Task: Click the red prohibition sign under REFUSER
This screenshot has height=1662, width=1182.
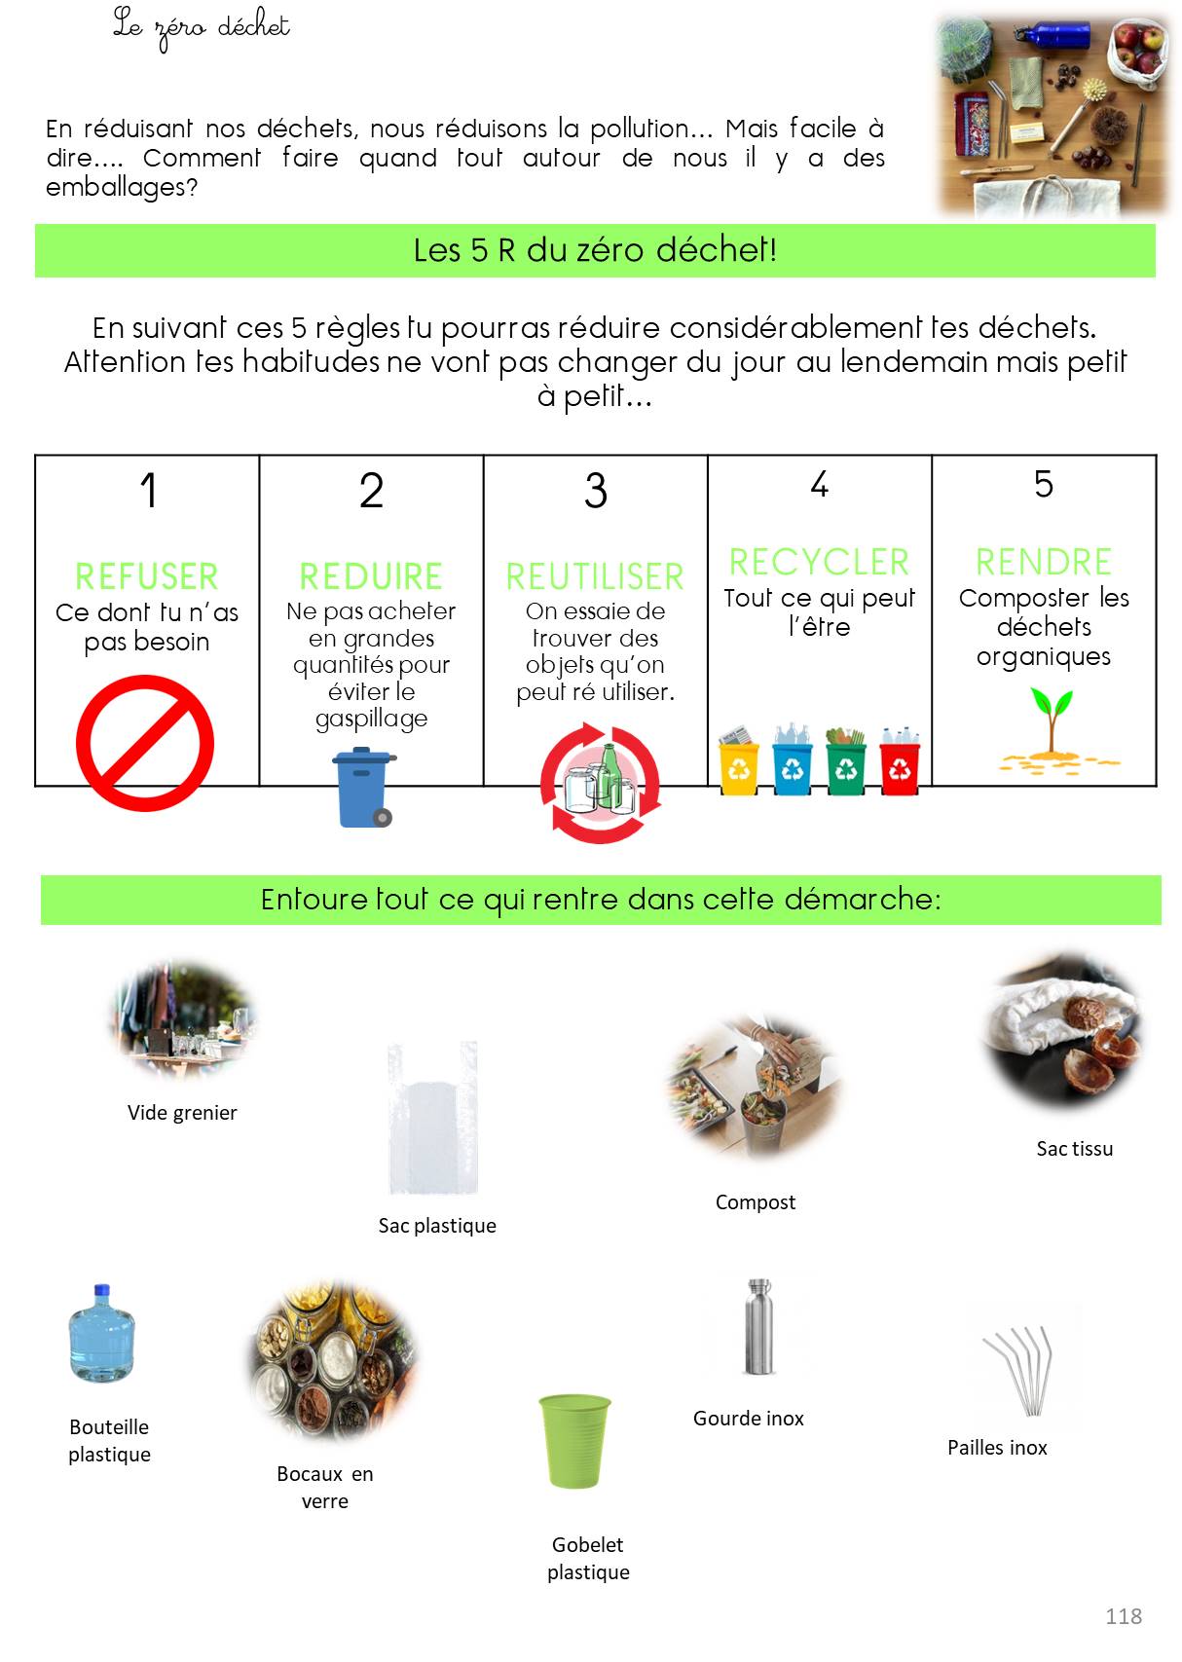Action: [x=145, y=743]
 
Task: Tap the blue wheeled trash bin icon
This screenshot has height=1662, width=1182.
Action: [x=363, y=788]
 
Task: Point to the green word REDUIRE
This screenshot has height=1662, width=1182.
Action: [x=371, y=576]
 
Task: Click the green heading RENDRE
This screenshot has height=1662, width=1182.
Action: [x=1043, y=562]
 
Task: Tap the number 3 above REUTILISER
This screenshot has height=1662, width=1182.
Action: [x=596, y=491]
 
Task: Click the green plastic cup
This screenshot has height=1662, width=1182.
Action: [x=574, y=1441]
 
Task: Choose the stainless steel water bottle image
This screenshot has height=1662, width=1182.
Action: [x=759, y=1326]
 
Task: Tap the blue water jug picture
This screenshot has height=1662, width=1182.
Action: [x=101, y=1333]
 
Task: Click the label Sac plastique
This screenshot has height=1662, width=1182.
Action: [x=437, y=1225]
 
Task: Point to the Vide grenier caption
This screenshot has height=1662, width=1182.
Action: [x=182, y=1112]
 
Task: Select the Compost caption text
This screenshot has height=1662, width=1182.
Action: [x=755, y=1202]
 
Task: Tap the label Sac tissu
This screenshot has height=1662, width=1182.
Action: [x=1074, y=1149]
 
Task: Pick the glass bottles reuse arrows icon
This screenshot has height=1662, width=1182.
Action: [x=600, y=783]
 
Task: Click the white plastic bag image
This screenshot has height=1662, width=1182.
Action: [x=433, y=1118]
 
